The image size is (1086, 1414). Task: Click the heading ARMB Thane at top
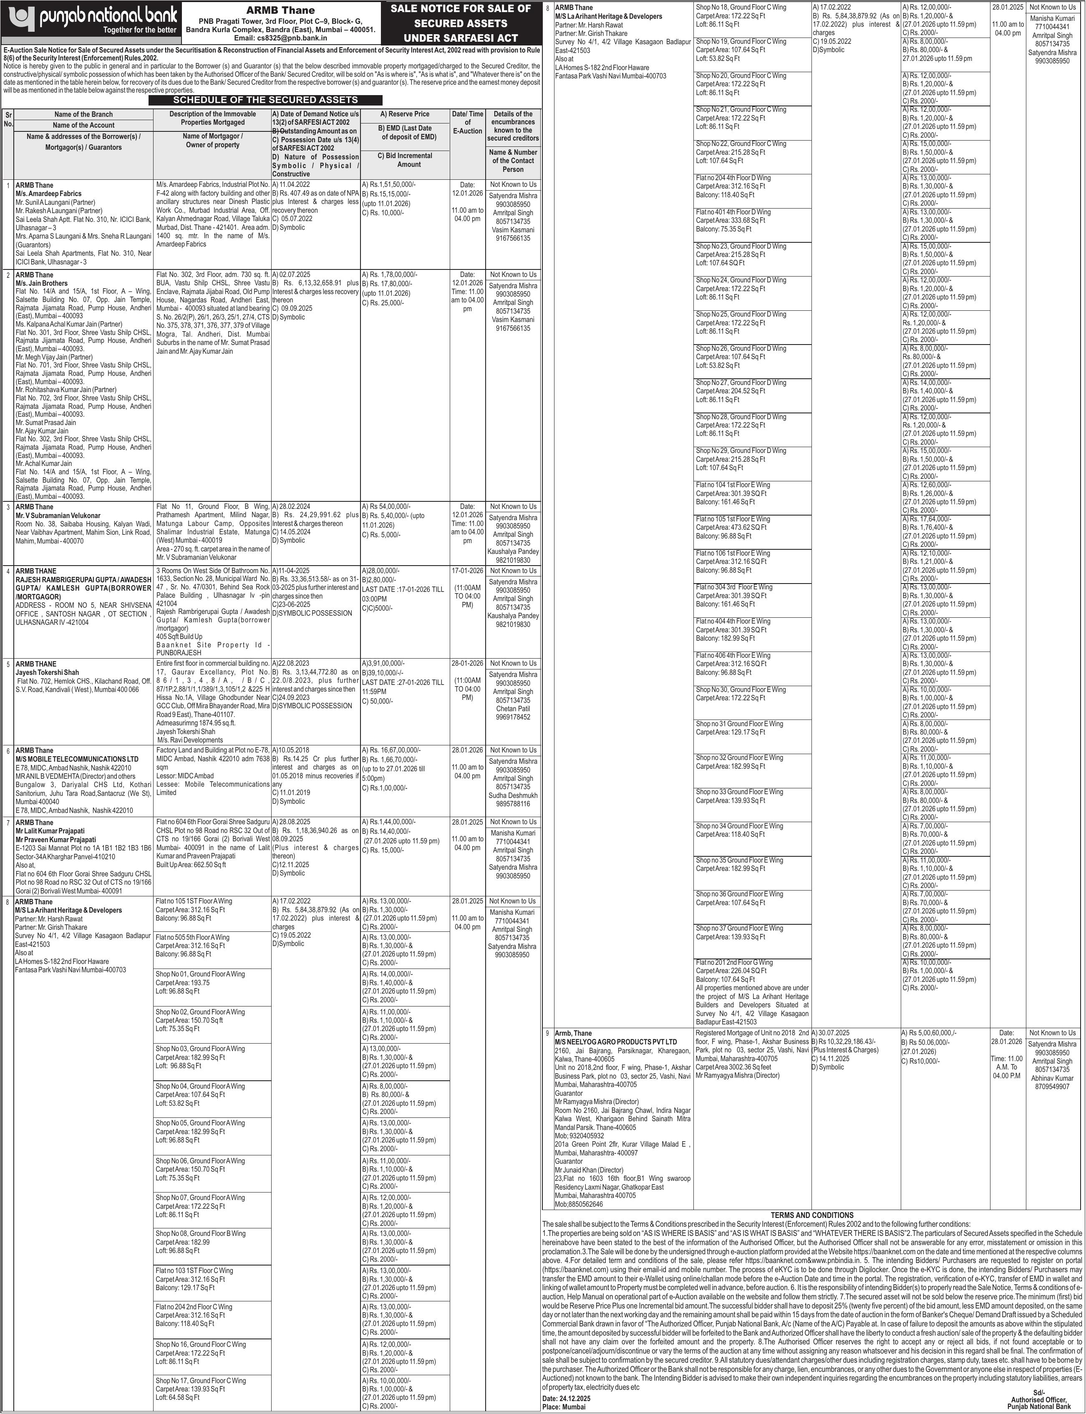(280, 10)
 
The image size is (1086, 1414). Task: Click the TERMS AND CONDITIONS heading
(812, 1215)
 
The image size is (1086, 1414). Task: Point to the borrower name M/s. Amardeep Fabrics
(48, 193)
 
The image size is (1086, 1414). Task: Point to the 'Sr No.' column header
(8, 119)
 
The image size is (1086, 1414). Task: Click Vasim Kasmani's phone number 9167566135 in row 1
(513, 239)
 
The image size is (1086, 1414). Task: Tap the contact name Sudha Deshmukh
(513, 795)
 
